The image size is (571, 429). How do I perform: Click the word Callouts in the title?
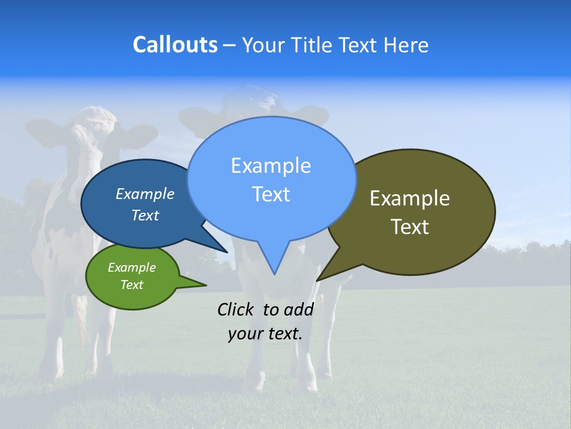point(175,45)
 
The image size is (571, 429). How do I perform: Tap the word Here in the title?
point(406,45)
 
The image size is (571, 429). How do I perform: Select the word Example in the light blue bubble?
point(271,166)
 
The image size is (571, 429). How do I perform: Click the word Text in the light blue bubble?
point(271,194)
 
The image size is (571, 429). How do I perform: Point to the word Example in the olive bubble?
point(410,198)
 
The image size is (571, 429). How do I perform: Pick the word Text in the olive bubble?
point(410,227)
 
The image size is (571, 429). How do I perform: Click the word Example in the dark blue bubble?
point(145,194)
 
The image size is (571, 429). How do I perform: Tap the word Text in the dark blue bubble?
point(145,215)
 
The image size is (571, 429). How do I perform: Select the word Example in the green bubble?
point(131,268)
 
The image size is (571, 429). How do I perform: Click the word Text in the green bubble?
point(131,285)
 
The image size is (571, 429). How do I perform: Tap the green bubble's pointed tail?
point(202,285)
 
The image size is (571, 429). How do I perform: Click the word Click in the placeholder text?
point(237,309)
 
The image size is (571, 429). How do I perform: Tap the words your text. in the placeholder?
point(265,334)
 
